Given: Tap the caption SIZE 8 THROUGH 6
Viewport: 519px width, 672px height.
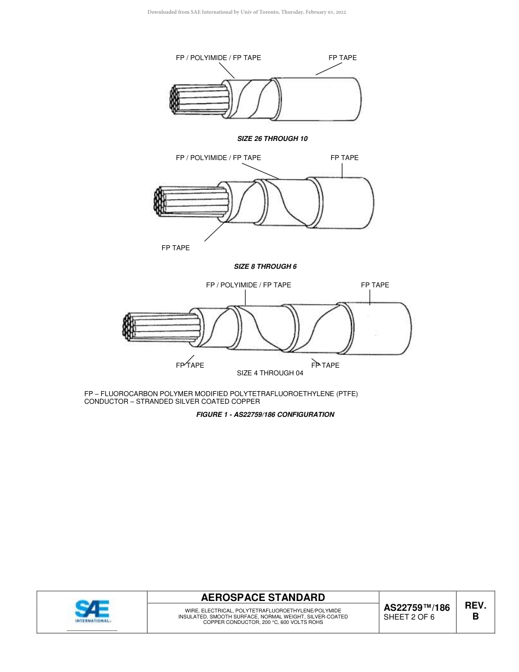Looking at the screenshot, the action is click(x=265, y=267).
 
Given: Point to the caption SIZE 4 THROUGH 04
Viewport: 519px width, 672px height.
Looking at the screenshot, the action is click(x=270, y=373).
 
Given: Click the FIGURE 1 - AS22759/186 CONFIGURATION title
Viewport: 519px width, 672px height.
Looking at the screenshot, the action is click(x=265, y=415).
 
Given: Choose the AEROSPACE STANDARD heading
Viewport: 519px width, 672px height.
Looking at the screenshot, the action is click(x=263, y=598).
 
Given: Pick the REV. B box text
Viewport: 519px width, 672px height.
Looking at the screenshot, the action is click(x=475, y=611).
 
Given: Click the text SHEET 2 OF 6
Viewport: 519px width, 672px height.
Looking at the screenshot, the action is click(x=409, y=617).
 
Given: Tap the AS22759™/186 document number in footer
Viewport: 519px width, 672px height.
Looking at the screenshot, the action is click(x=417, y=607).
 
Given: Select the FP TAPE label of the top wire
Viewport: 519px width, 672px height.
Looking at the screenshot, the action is click(x=343, y=58).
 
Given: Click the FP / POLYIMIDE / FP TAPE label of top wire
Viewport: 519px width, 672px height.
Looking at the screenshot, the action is click(x=218, y=58).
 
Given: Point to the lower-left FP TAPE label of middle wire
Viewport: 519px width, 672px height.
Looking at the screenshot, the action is click(x=175, y=248).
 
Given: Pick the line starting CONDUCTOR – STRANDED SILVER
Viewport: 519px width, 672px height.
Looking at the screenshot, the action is click(x=172, y=402).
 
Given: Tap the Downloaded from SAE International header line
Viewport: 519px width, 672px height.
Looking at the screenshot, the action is click(x=246, y=12).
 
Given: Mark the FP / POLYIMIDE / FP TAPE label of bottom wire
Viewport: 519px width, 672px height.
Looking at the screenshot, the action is click(x=248, y=285).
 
